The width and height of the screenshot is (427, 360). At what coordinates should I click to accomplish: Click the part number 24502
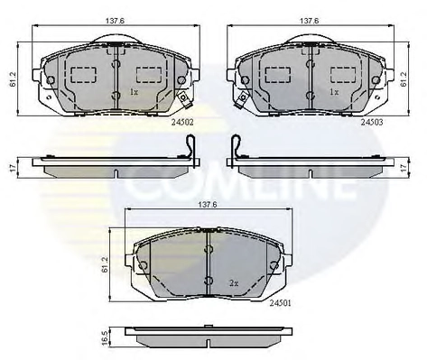click(x=182, y=123)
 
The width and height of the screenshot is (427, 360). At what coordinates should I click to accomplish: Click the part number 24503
click(x=372, y=122)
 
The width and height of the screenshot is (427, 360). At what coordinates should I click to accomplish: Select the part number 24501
click(x=280, y=303)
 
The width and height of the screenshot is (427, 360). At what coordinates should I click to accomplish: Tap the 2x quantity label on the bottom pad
click(x=234, y=283)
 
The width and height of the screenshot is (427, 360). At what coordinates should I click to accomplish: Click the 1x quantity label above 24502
click(x=134, y=92)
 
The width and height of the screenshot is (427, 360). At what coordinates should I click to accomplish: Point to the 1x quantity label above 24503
click(x=334, y=92)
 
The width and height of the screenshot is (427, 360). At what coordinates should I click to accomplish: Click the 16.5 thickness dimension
click(x=105, y=338)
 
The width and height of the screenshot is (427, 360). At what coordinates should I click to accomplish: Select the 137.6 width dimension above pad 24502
click(x=115, y=21)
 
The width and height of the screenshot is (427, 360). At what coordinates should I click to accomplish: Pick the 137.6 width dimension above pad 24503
click(x=310, y=21)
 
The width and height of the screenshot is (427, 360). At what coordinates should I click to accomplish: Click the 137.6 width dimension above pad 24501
click(x=208, y=205)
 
